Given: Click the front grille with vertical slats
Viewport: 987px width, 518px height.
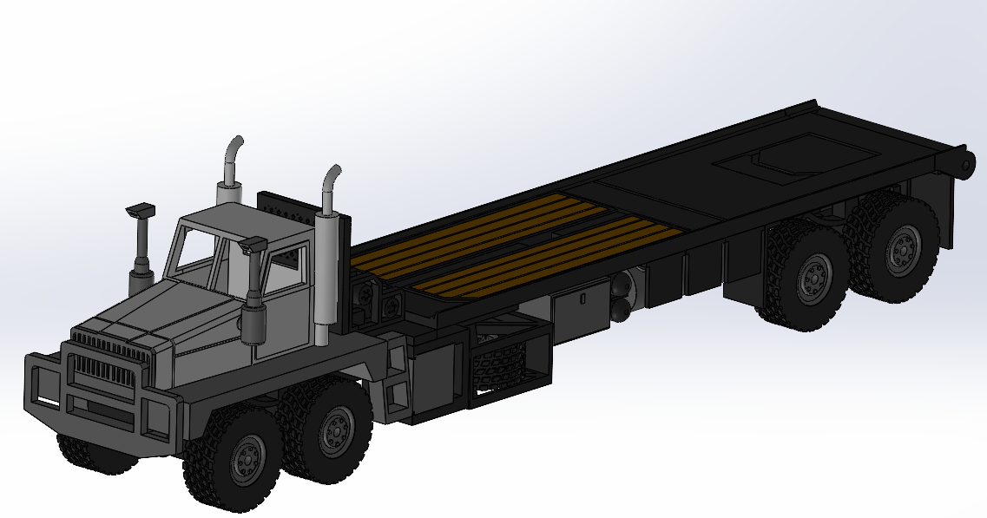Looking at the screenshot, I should [102, 374].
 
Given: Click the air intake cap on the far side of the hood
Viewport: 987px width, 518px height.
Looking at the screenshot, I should [139, 211].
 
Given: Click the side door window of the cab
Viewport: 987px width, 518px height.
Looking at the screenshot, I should [286, 269].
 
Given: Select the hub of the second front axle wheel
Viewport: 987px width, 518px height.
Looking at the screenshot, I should [337, 425].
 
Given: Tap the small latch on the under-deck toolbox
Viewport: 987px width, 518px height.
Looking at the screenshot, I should [584, 298].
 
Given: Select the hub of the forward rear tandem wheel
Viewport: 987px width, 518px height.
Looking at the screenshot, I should [813, 279].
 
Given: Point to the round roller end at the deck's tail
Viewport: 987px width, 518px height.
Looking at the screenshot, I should [966, 163].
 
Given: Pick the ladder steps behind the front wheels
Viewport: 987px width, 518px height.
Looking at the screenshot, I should [398, 382].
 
